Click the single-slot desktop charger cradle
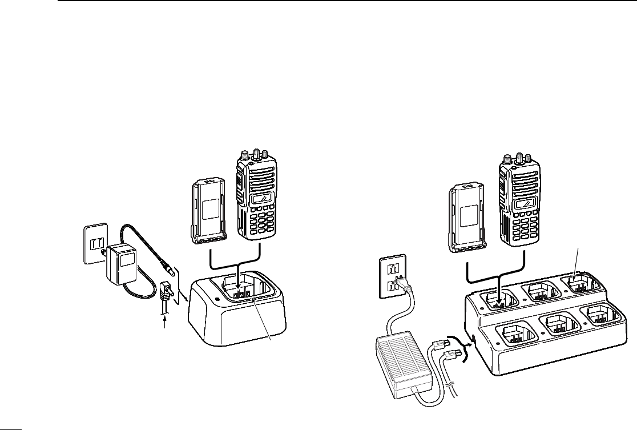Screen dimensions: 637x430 (237, 314)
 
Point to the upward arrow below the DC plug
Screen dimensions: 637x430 (166, 324)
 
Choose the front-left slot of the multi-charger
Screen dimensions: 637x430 (517, 336)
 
